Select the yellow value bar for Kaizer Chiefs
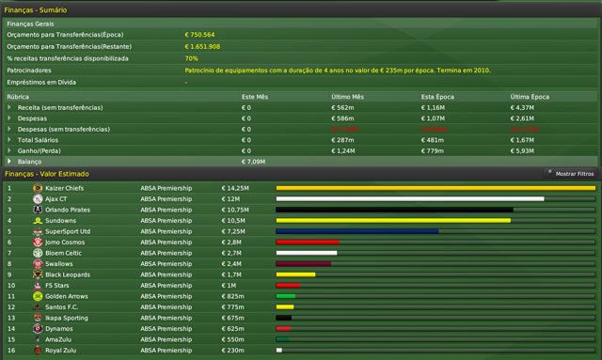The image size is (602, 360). pos(435,187)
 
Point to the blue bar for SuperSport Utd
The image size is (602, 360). pos(356,230)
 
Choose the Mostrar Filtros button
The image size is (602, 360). pos(570,174)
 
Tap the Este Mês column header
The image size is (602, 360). pos(256,97)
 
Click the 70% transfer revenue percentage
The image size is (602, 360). pos(191,57)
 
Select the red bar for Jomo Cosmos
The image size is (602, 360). pos(293,242)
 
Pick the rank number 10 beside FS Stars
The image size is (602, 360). pos(9,285)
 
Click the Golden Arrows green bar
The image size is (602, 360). pos(285,296)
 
